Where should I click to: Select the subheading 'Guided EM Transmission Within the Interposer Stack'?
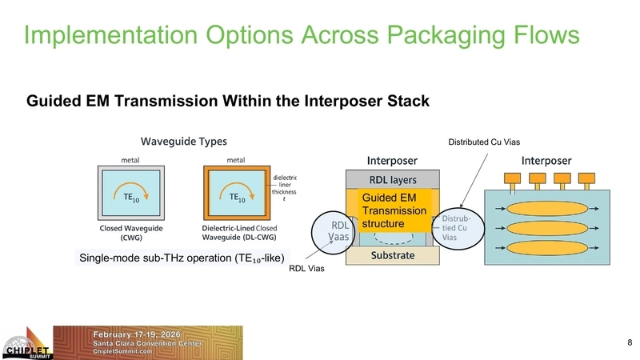click(x=228, y=102)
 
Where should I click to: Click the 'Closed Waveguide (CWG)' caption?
click(x=132, y=231)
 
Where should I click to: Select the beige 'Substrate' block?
click(x=392, y=256)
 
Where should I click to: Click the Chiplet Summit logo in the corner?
click(x=26, y=344)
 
